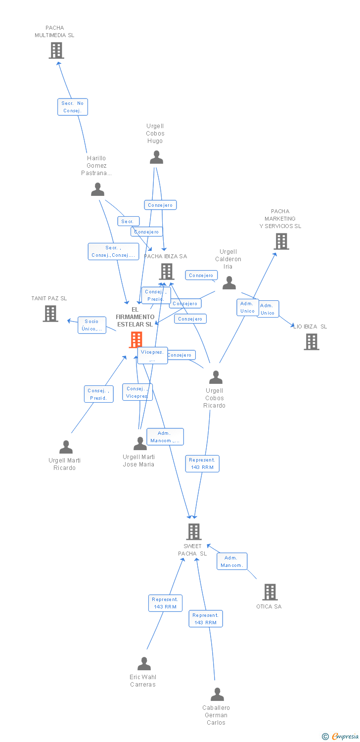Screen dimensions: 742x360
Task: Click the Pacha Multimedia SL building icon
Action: [x=56, y=50]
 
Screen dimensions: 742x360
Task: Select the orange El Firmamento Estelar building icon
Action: [x=136, y=340]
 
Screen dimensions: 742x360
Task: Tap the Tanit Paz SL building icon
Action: [x=50, y=314]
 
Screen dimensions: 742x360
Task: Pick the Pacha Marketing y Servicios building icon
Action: [x=281, y=241]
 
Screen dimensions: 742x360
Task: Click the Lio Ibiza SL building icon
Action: [x=311, y=342]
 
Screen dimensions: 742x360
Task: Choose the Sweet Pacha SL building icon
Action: [x=193, y=532]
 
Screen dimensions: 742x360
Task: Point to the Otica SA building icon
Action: [x=270, y=592]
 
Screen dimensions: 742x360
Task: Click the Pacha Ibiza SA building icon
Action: [x=167, y=272]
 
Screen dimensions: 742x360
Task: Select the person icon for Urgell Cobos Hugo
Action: [x=156, y=158]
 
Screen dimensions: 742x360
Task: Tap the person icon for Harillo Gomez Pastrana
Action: [x=98, y=189]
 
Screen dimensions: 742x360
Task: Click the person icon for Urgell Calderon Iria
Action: [x=229, y=283]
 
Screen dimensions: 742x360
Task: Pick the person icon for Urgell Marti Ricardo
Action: [x=66, y=447]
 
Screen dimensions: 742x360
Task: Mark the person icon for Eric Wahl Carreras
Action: [x=144, y=664]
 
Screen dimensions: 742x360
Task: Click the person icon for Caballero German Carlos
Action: [x=217, y=695]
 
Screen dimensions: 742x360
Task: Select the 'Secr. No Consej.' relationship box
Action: [x=73, y=107]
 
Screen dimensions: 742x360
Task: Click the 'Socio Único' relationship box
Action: [x=91, y=325]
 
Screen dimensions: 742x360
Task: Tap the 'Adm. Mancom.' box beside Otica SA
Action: [x=231, y=561]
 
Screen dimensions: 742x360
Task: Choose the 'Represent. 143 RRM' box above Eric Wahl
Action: [x=165, y=603]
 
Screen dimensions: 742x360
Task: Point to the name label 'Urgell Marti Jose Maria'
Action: [x=138, y=461]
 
